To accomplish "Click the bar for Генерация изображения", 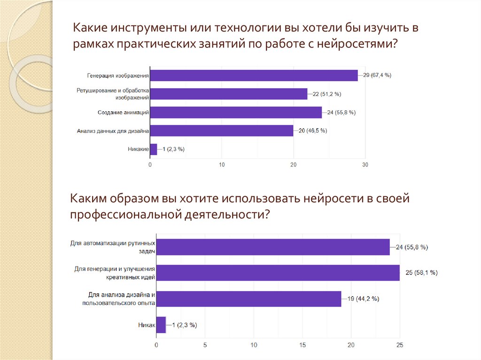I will coord(254,75).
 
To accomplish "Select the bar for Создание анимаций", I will coord(236,112).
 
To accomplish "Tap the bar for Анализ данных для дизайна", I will coord(222,130).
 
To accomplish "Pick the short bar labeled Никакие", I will coord(154,149).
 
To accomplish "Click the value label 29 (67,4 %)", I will coord(377,75).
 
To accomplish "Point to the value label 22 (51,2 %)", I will coord(327,94).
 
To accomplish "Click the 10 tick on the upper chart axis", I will coord(222,165).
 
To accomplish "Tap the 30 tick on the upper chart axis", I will coord(365,165).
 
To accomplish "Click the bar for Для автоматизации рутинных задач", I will coord(273,247).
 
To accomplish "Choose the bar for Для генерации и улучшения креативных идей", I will coord(278,273).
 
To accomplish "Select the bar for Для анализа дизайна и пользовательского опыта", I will coord(248,299).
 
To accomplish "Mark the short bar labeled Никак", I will coord(161,324).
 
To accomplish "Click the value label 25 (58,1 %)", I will coord(419,273).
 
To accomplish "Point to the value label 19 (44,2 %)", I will coord(363,299).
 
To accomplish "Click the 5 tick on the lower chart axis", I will coord(205,345).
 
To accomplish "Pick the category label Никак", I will coord(146,324).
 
